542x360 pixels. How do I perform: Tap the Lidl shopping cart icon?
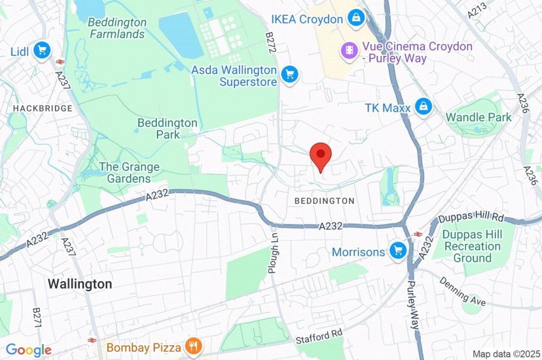click(42, 50)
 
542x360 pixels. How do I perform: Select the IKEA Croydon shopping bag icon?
click(356, 18)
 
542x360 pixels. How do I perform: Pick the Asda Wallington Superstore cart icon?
click(290, 74)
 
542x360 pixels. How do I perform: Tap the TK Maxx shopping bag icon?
click(423, 106)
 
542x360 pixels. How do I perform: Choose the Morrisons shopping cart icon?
click(399, 250)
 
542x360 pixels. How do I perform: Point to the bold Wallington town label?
click(80, 284)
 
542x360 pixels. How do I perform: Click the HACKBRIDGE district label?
click(43, 109)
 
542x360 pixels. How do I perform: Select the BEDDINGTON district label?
click(324, 201)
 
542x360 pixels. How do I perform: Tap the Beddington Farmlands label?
click(117, 28)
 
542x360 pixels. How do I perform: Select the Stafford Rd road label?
click(319, 335)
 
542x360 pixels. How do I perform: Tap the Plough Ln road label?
click(273, 252)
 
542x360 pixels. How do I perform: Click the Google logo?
click(28, 350)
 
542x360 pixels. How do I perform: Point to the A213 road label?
click(476, 8)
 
